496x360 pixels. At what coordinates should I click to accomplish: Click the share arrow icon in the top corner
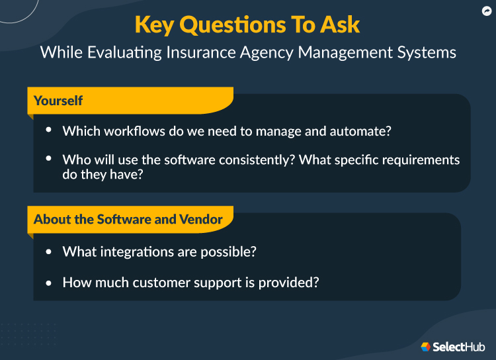point(485,11)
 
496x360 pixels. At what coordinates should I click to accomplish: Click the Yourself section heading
point(58,101)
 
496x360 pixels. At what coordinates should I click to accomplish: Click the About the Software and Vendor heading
point(128,219)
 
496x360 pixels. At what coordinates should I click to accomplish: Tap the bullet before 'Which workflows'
point(50,130)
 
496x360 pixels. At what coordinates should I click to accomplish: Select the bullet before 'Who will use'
point(50,159)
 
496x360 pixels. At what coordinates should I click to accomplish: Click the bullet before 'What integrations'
point(50,252)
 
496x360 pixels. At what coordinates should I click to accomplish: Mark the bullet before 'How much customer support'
point(50,282)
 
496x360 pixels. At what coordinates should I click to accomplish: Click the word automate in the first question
point(360,131)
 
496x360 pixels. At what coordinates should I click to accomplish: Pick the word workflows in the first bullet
point(135,131)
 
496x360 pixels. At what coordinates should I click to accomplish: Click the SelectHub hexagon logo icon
point(426,346)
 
